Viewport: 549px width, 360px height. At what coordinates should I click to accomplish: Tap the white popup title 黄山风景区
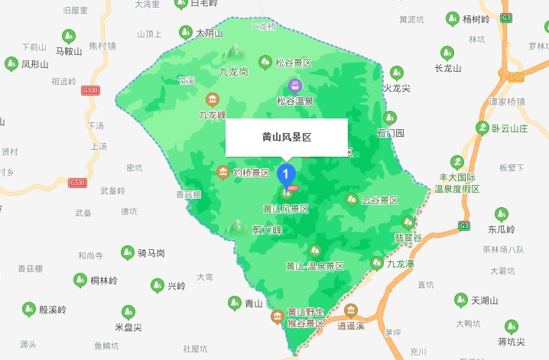pyautogui.click(x=286, y=138)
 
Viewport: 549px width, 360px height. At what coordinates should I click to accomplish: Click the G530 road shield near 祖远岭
pyautogui.click(x=89, y=90)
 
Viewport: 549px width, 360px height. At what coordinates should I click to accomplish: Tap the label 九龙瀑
pyautogui.click(x=400, y=264)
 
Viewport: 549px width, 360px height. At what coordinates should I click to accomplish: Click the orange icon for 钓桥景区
pyautogui.click(x=223, y=171)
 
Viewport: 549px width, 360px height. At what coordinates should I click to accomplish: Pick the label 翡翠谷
pyautogui.click(x=408, y=237)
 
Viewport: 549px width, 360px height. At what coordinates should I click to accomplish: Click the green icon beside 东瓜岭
pyautogui.click(x=502, y=213)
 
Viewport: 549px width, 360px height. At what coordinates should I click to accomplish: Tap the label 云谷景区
pyautogui.click(x=380, y=200)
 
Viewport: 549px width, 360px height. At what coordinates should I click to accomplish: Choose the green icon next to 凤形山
pyautogui.click(x=11, y=63)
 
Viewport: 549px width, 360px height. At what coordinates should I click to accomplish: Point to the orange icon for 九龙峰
pyautogui.click(x=212, y=99)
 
